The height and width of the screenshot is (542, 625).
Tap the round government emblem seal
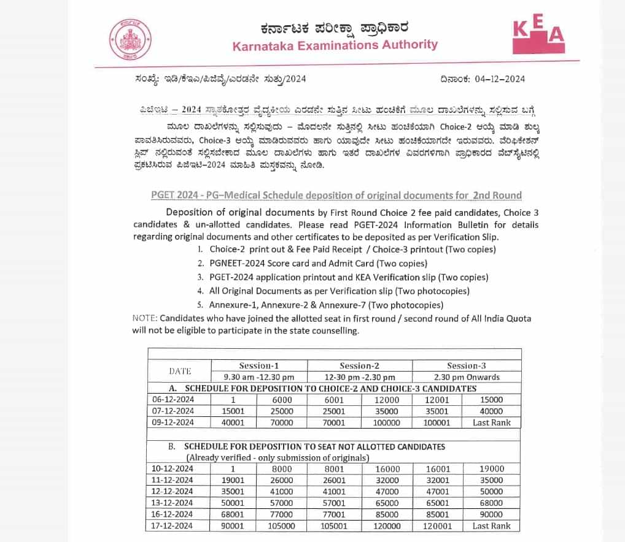(x=129, y=39)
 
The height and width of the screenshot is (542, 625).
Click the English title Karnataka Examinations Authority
(x=335, y=45)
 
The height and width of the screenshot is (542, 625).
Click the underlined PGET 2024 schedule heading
(x=336, y=196)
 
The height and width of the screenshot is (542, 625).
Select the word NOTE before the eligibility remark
(x=144, y=318)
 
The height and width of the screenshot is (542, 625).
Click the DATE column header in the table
(x=180, y=371)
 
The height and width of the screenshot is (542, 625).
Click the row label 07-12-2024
(x=173, y=411)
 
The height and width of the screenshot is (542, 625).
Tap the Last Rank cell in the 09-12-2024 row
(x=491, y=422)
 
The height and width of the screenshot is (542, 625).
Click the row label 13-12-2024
(x=173, y=503)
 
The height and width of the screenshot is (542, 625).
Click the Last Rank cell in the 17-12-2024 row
(x=491, y=526)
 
